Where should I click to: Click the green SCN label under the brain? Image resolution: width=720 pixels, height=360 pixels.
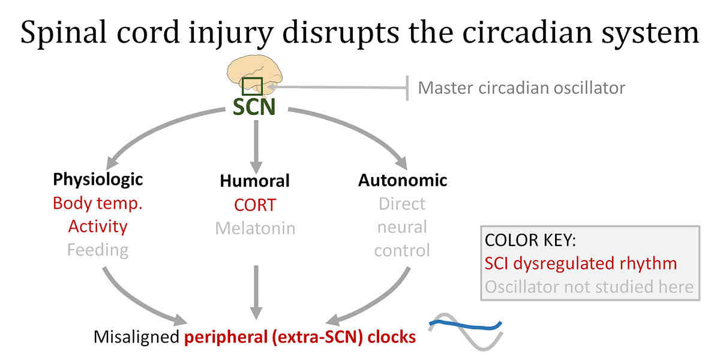tap(254, 107)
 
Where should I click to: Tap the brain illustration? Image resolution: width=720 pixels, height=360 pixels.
tap(254, 74)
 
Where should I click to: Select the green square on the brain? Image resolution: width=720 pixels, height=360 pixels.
tap(252, 86)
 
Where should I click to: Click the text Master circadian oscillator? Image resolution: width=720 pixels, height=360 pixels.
tap(521, 88)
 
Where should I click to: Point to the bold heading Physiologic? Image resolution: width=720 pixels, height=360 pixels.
tap(98, 179)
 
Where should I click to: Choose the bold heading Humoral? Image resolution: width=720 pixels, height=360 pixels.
tap(254, 181)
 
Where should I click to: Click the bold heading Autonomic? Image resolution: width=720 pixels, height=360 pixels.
tap(403, 180)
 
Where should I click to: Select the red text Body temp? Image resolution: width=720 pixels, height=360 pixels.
tap(98, 204)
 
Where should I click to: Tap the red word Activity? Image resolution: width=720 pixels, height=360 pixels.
tap(98, 227)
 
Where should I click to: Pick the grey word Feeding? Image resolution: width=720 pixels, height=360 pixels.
tap(98, 250)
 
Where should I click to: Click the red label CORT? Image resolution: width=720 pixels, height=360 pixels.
tap(255, 205)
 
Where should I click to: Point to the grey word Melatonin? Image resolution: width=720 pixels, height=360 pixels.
tap(255, 229)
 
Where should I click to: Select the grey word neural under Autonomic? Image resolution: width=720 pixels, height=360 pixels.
tap(402, 227)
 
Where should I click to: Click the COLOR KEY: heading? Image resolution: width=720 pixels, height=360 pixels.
tap(530, 240)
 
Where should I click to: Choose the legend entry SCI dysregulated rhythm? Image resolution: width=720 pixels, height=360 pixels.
tap(581, 263)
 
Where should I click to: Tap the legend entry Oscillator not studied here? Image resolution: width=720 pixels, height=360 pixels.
tap(589, 287)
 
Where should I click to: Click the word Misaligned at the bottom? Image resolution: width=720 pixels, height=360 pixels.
tap(136, 337)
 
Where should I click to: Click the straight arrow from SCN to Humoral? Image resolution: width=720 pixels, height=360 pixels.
tap(256, 146)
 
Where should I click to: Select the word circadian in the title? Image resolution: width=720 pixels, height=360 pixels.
tap(527, 32)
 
